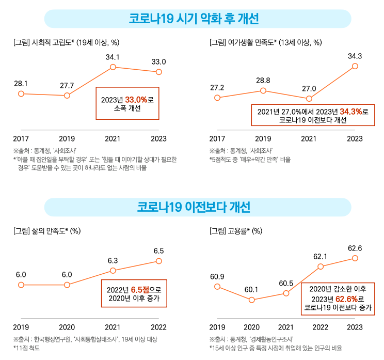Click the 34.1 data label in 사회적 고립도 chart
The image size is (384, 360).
pyautogui.click(x=113, y=57)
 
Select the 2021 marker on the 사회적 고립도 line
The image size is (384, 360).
pyautogui.click(x=113, y=68)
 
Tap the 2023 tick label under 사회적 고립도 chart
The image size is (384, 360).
pyautogui.click(x=159, y=138)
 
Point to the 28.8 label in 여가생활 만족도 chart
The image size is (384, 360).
pyautogui.click(x=263, y=81)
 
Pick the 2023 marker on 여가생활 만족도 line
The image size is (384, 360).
pyautogui.click(x=355, y=66)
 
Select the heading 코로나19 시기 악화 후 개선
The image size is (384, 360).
pyautogui.click(x=194, y=19)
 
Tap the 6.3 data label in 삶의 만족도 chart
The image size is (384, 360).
pyautogui.click(x=113, y=260)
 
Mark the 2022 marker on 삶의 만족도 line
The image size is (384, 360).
pyautogui.click(x=159, y=261)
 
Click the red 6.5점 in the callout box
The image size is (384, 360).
pyautogui.click(x=140, y=289)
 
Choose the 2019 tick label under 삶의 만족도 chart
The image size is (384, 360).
pyautogui.click(x=21, y=326)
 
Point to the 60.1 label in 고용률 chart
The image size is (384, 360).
pyautogui.click(x=251, y=289)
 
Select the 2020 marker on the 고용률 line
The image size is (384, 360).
pyautogui.click(x=251, y=300)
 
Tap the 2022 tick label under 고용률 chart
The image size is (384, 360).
pyautogui.click(x=321, y=326)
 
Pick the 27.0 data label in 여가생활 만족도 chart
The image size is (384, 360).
pyautogui.click(x=309, y=88)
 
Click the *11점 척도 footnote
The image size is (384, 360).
pyautogui.click(x=27, y=348)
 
